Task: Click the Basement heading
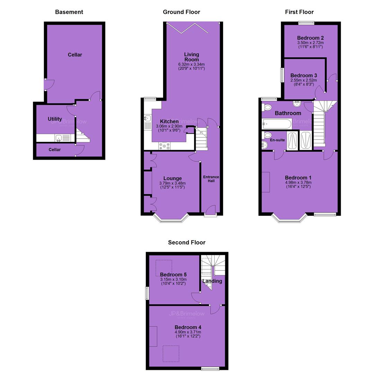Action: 69,12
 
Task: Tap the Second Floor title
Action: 187,242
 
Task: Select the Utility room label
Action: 55,119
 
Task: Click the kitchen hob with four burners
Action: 164,146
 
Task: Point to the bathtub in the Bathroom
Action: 277,124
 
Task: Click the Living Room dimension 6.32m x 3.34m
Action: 191,64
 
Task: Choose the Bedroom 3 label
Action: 304,75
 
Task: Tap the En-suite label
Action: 277,140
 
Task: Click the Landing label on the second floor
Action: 212,281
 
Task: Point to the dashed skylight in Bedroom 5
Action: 163,268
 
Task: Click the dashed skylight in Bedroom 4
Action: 171,354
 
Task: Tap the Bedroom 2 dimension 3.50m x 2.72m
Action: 310,43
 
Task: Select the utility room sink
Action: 59,138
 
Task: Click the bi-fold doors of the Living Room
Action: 188,28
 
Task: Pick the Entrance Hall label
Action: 211,179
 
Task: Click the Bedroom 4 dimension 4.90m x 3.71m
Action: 188,332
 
